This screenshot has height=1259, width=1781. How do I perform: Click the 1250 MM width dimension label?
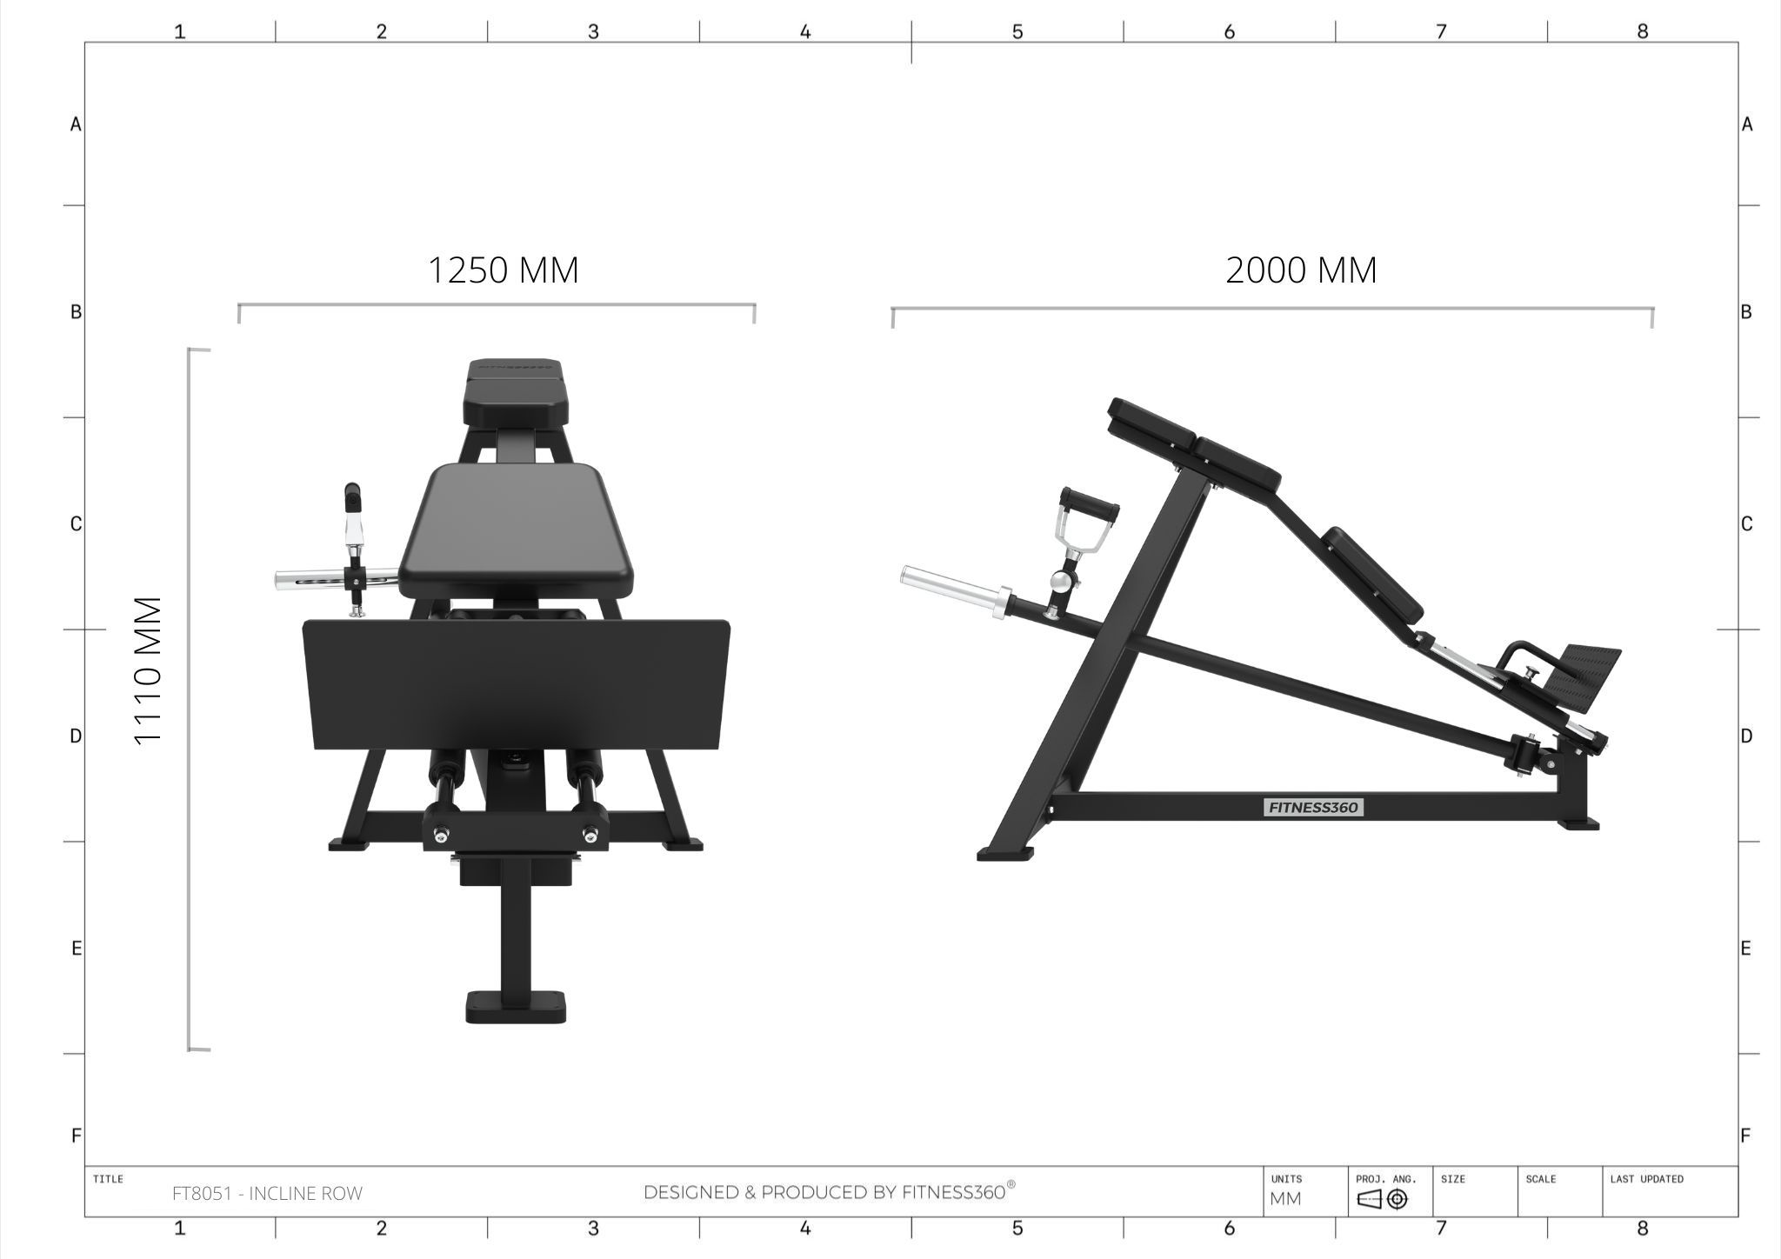[503, 270]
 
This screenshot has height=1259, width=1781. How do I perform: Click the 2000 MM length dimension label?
[1301, 270]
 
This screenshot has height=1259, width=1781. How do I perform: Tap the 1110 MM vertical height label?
[149, 670]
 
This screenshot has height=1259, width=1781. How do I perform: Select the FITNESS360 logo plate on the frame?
[1313, 808]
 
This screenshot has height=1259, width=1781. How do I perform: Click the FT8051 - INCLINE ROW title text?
[267, 1194]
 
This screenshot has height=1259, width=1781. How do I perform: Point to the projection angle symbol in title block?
[1382, 1200]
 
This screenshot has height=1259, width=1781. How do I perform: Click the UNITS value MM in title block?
[1285, 1199]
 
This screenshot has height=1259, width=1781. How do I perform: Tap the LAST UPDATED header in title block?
[1646, 1179]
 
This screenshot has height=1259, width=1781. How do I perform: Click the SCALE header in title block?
[1540, 1179]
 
